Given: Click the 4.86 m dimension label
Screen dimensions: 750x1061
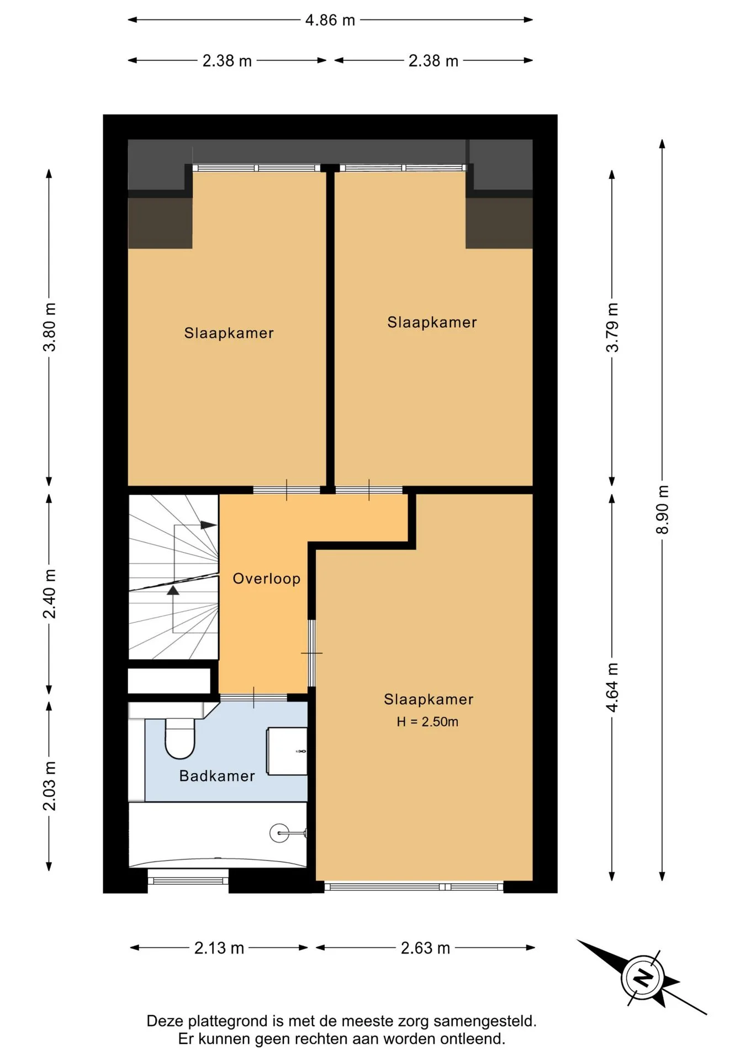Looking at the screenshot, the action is coord(330,20).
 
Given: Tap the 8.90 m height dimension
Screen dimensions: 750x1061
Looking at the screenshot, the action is coord(662,510).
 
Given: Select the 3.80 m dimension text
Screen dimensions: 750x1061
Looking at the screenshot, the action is coord(50,327).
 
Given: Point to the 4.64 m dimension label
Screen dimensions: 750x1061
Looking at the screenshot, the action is coord(612,687).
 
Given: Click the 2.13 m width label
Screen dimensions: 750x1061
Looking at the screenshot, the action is coord(219,948).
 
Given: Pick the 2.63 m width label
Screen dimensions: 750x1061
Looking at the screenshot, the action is coord(425,948).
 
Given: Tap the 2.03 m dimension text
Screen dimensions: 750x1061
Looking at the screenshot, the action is coord(50,786).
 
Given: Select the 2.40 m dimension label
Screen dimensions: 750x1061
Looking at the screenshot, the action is coord(50,593).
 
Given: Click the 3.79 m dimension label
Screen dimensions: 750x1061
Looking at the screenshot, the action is coord(612,327).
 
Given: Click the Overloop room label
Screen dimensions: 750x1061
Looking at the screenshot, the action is coord(267,579).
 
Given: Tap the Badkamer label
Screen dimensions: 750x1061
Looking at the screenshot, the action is coord(217,776).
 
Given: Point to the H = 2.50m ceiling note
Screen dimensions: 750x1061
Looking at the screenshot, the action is coord(427,722).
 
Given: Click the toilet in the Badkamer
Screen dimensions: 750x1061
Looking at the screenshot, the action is coord(180,738).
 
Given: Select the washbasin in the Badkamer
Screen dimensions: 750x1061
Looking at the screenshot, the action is coord(287,751).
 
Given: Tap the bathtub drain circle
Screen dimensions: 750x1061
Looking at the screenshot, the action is coord(279,833).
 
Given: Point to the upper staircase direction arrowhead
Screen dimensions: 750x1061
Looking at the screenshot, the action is coord(209,525).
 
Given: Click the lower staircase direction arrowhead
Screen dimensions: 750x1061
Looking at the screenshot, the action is coord(173,590).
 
